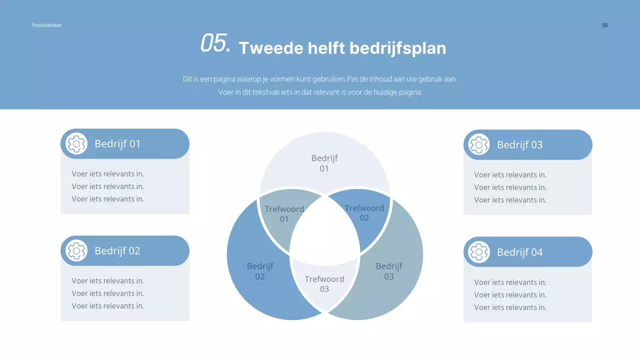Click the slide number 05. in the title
(x=215, y=43)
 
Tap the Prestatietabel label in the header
(x=46, y=25)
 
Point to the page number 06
(x=604, y=25)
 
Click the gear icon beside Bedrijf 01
(x=76, y=144)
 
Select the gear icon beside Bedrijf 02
(x=76, y=251)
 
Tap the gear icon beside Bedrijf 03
(x=479, y=145)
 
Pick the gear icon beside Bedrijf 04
(x=479, y=252)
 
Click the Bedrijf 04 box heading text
(x=519, y=252)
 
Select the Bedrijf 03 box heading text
(x=519, y=145)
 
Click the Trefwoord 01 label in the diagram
(x=284, y=214)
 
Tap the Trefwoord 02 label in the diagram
(x=364, y=212)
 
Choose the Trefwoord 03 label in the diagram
(x=324, y=284)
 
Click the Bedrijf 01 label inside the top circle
(x=324, y=163)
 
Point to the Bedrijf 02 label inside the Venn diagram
(x=260, y=271)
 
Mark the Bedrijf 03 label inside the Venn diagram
(x=389, y=271)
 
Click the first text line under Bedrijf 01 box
(x=107, y=174)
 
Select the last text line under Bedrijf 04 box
(x=510, y=307)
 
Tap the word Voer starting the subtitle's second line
(x=225, y=92)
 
